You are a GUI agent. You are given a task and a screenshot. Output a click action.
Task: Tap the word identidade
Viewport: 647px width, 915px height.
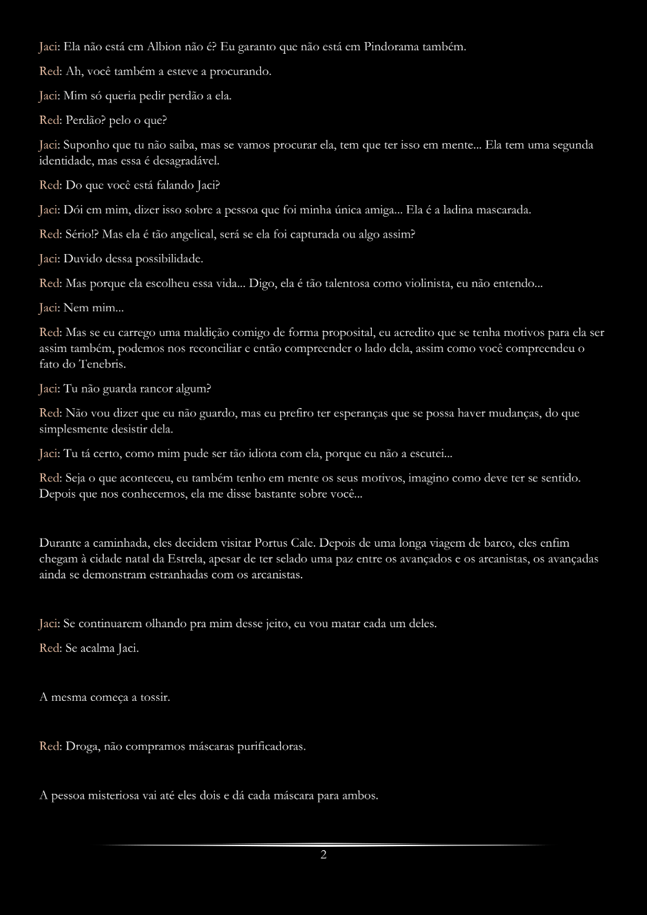65,161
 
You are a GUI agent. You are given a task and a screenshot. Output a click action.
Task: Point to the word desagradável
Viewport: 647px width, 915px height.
189,161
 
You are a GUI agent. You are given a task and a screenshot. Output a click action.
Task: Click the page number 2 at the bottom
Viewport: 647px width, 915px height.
323,855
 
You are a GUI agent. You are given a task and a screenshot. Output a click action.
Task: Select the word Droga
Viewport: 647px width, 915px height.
81,746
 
